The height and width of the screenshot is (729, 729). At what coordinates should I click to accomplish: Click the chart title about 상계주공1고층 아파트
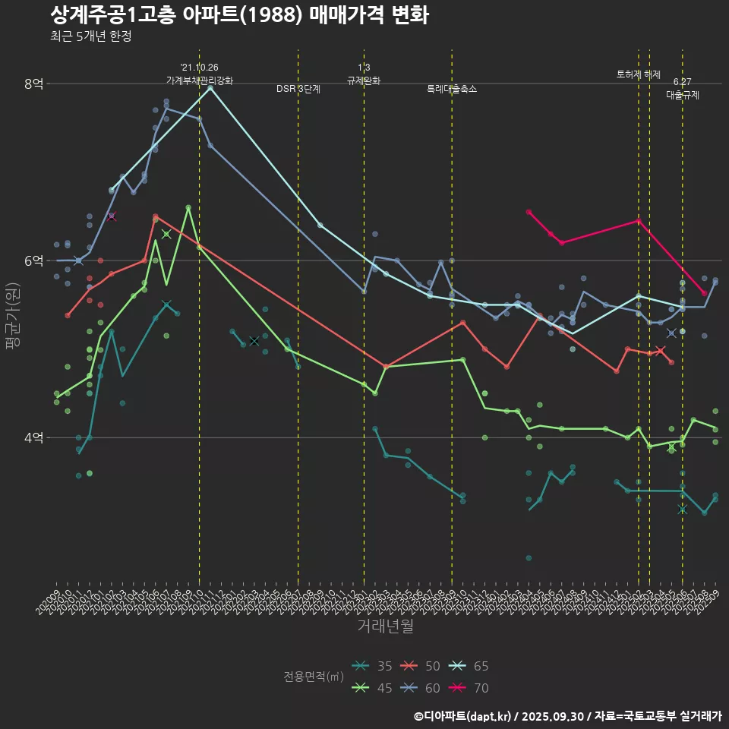(x=239, y=15)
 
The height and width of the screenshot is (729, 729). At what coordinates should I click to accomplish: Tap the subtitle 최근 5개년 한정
(x=90, y=36)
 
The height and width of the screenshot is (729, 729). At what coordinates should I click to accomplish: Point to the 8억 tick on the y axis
(x=33, y=84)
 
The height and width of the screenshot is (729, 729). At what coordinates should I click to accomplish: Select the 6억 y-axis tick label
(x=33, y=260)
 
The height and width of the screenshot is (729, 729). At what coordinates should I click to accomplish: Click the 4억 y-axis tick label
(x=33, y=437)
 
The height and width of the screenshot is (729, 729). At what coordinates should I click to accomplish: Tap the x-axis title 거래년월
(x=385, y=626)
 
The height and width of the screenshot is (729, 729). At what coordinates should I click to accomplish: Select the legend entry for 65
(x=469, y=666)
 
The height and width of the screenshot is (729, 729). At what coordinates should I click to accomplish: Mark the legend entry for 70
(x=469, y=688)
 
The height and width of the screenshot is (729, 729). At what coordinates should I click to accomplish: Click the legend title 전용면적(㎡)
(x=313, y=677)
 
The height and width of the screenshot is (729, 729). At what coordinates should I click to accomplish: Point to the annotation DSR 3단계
(x=298, y=89)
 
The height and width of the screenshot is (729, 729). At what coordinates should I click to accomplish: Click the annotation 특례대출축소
(x=452, y=89)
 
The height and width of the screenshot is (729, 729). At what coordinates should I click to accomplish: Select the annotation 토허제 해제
(x=639, y=74)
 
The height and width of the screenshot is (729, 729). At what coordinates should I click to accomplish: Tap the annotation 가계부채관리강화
(x=200, y=80)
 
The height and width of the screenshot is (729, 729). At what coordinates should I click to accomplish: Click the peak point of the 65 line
(x=210, y=88)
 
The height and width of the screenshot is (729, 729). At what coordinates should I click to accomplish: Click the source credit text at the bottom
(x=567, y=715)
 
